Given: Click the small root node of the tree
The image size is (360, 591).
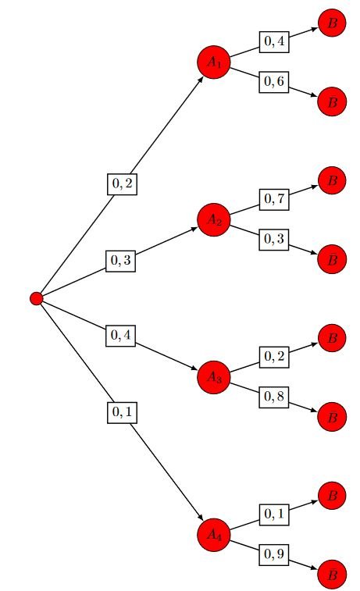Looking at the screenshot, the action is (x=37, y=298).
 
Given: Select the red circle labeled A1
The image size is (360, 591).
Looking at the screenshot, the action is (x=214, y=62).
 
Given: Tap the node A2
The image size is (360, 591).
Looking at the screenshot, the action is (x=214, y=219).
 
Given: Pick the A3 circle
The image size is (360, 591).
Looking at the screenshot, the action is (x=214, y=377).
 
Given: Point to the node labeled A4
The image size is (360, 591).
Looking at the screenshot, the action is (x=214, y=535).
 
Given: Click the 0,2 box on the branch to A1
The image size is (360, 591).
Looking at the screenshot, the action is (x=122, y=184).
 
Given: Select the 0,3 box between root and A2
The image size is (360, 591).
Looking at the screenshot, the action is (x=120, y=261).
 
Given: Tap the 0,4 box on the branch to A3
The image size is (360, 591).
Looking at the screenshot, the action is (x=120, y=336).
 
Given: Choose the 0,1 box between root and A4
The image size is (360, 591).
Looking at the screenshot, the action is (x=122, y=413).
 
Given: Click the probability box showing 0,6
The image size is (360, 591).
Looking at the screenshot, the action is (x=273, y=82).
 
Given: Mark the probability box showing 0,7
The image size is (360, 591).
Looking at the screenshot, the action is (x=274, y=199).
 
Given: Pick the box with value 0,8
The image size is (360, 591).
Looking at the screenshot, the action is (x=273, y=397).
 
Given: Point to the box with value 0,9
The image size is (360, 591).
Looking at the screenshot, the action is (x=273, y=555).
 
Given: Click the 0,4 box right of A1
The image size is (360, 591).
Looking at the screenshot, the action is (x=274, y=42).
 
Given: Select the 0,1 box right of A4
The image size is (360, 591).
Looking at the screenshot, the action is (x=274, y=514).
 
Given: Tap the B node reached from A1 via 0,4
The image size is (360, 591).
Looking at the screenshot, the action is (x=332, y=23).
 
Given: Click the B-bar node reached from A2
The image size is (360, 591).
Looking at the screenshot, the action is (x=332, y=259).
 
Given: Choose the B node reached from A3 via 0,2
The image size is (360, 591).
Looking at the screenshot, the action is (x=332, y=338).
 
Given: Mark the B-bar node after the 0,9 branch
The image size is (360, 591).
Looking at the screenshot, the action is (x=332, y=575).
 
